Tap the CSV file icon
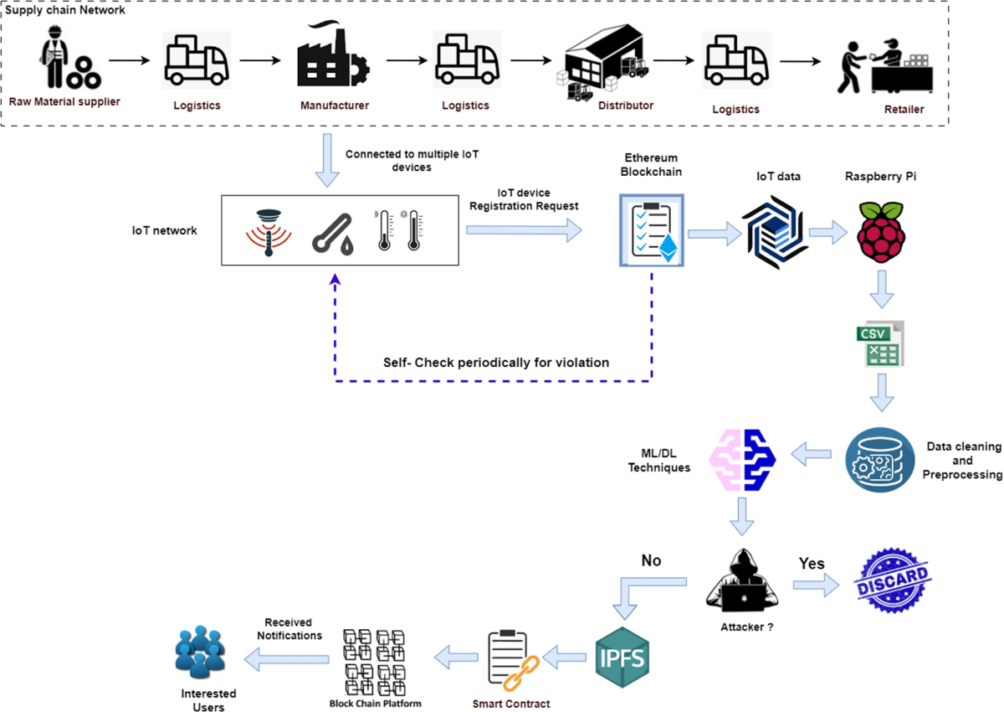[x=875, y=343]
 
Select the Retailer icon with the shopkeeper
[x=884, y=67]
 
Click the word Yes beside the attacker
[x=812, y=562]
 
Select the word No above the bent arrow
[x=651, y=560]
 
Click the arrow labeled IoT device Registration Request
[x=523, y=230]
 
